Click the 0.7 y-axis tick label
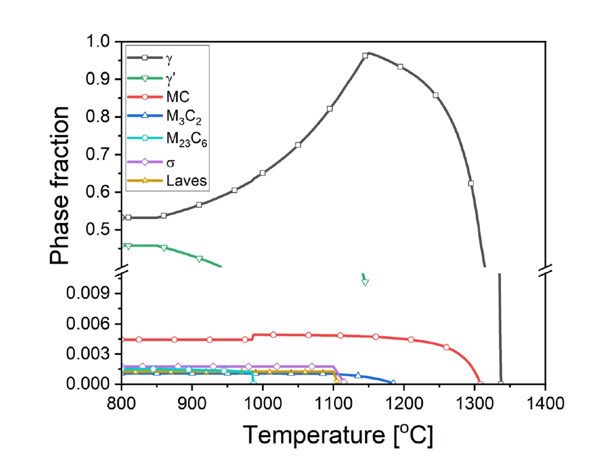(104, 155)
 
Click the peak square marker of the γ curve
(365, 56)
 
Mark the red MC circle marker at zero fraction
(480, 383)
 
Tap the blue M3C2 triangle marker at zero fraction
(393, 383)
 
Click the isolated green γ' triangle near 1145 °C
(365, 282)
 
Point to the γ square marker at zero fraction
(501, 383)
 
